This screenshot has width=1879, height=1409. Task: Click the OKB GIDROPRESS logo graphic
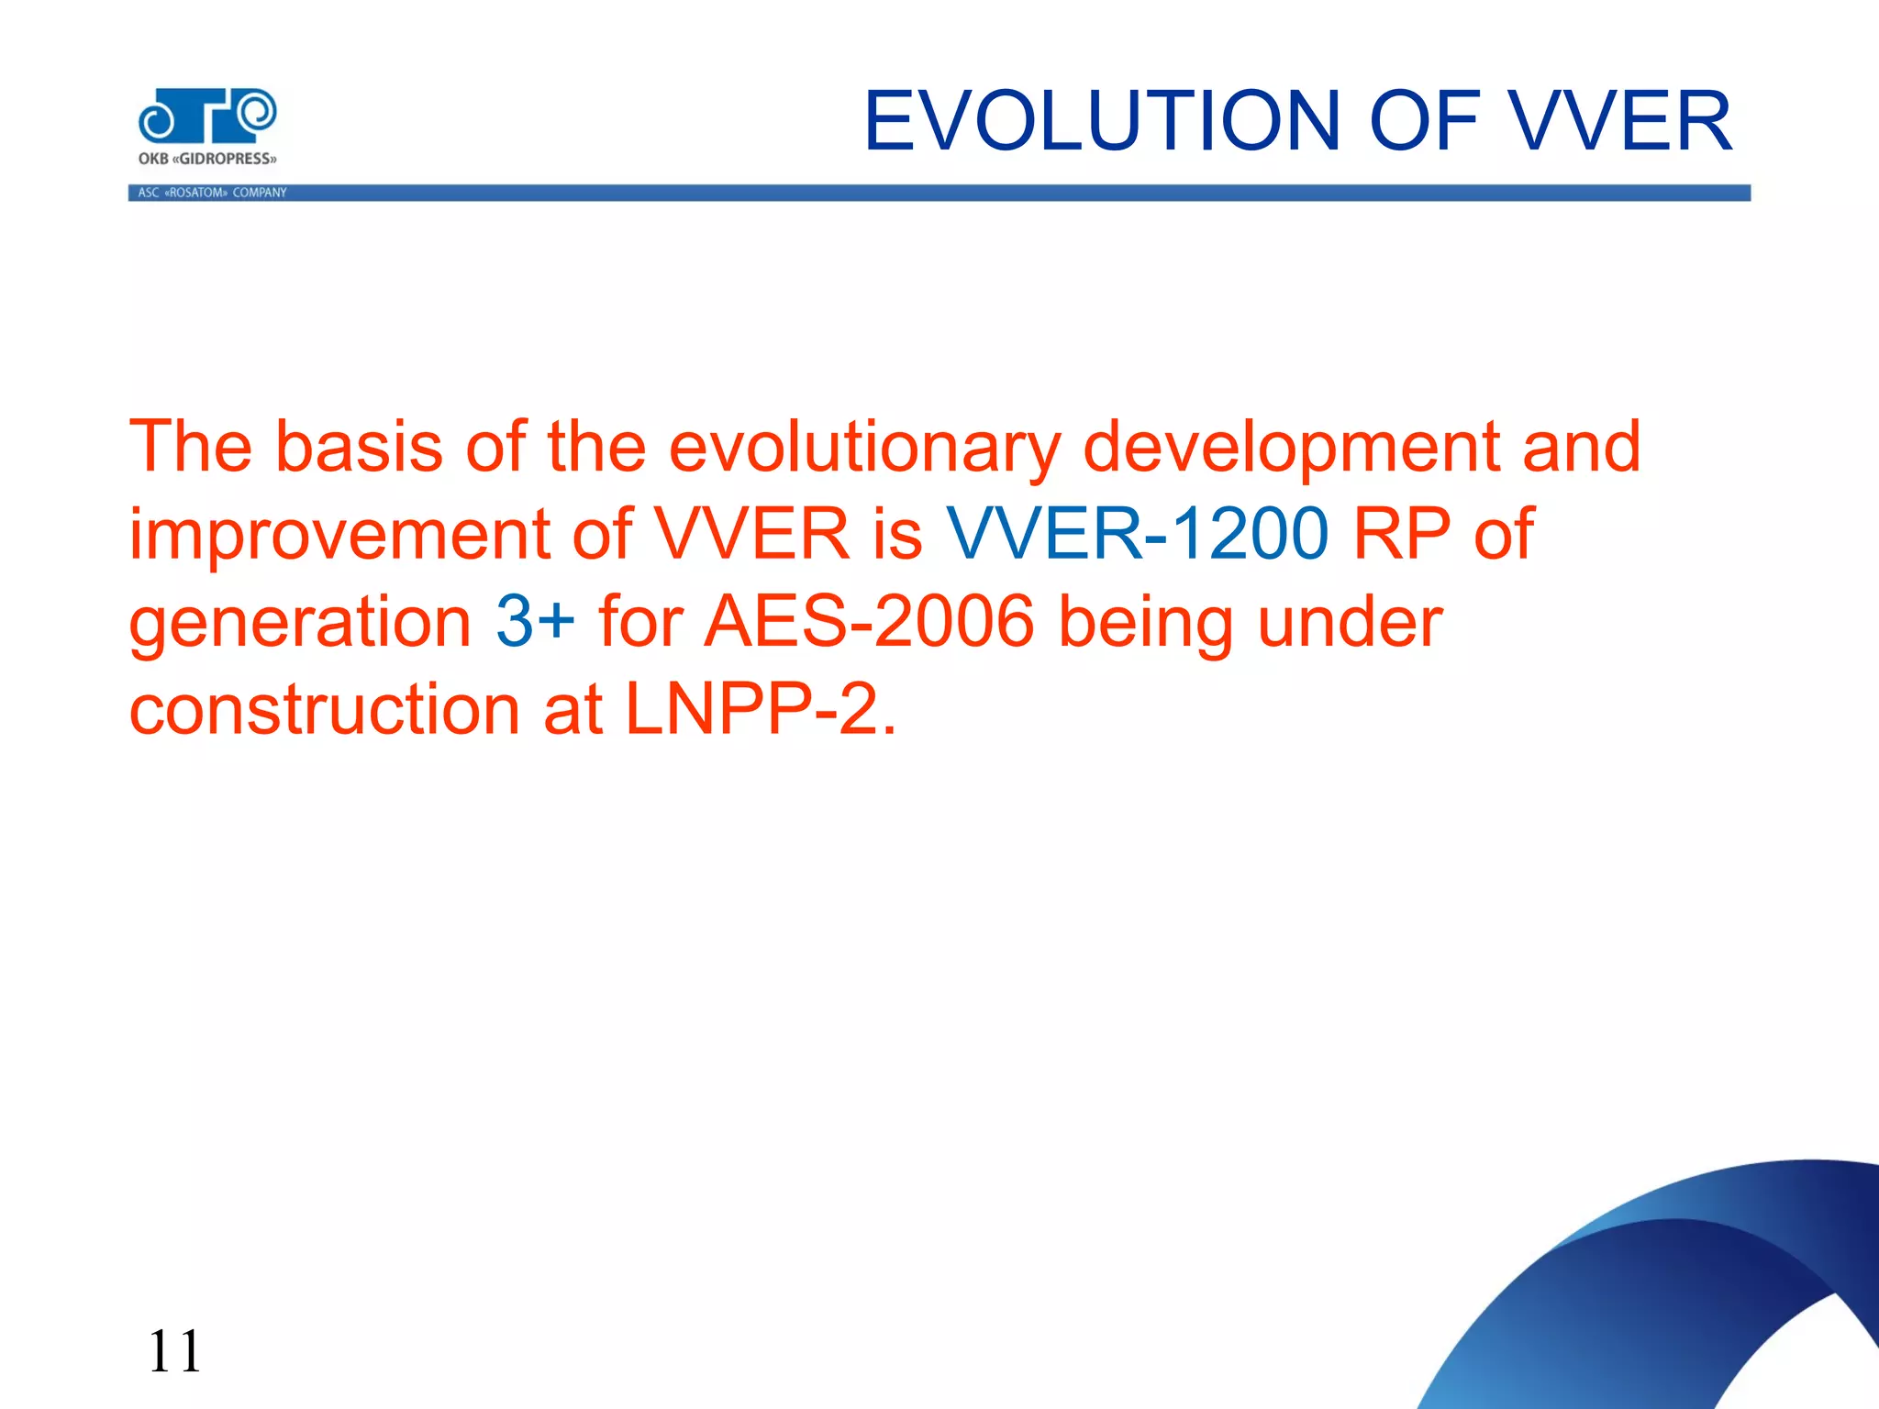click(x=207, y=116)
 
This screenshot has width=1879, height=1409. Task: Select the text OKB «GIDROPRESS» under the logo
click(x=207, y=159)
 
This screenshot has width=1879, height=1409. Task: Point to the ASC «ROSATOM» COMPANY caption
click(x=212, y=193)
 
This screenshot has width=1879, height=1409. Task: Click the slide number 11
click(x=174, y=1351)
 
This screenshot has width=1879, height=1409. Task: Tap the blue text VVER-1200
click(x=1137, y=534)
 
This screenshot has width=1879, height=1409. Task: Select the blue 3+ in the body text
click(x=535, y=622)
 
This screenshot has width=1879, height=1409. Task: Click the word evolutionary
click(x=863, y=447)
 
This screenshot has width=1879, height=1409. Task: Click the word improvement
click(x=338, y=534)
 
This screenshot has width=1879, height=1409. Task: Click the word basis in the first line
click(x=359, y=447)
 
